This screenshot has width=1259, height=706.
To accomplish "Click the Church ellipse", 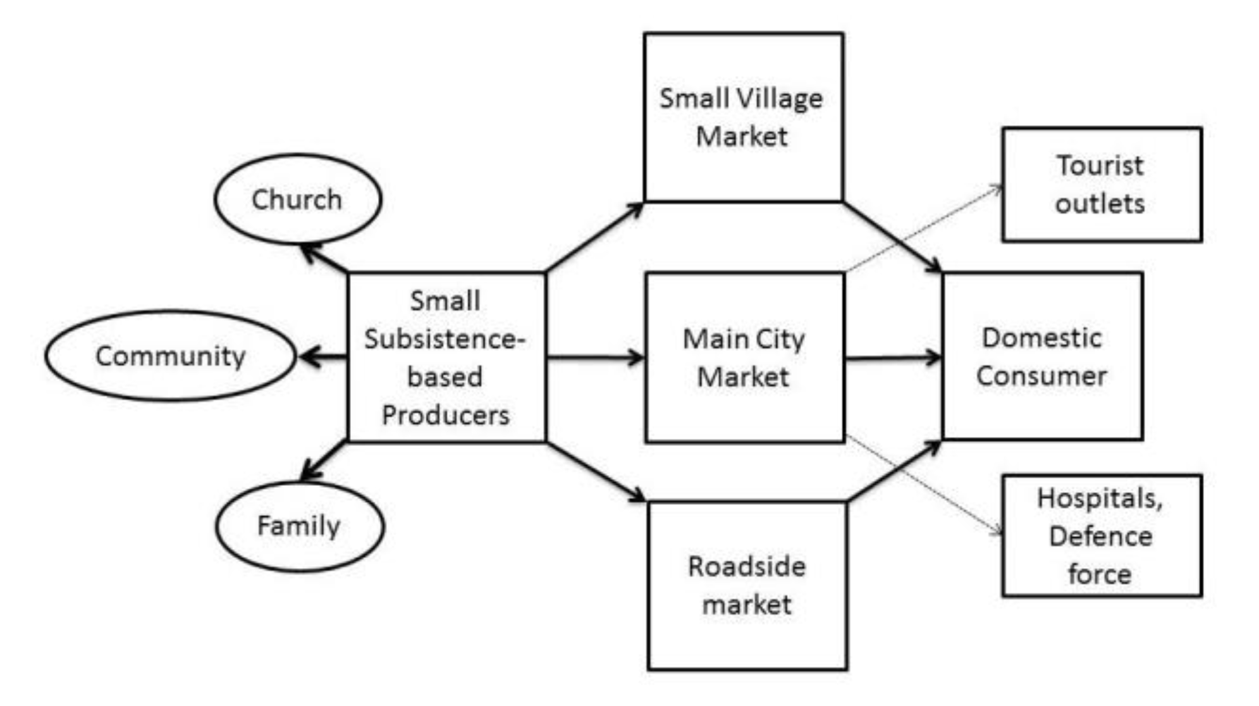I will pos(298,199).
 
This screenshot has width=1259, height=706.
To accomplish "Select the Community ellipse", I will pos(170,356).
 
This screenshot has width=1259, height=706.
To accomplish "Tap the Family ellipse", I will pos(299,526).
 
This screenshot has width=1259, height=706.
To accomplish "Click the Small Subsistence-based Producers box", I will pos(446,357).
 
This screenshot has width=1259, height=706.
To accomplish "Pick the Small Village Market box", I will pos(743,117).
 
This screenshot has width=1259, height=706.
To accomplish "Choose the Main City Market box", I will pos(744,357).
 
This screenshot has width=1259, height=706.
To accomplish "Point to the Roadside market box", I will pos(747,585).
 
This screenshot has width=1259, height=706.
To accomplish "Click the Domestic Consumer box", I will pos(1042,356).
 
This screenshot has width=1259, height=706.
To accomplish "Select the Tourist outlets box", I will pos(1101,184).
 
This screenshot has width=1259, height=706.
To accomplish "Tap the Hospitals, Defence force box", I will pos(1101,535).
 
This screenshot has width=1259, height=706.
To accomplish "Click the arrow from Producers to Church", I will pos(324,259).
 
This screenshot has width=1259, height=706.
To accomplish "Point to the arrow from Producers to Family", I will pos(324,460).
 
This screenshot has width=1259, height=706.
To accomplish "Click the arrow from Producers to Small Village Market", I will pos(594,237).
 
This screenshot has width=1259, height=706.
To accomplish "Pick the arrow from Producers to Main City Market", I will pos(594,358).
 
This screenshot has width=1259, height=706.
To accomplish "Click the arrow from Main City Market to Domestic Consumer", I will pos(893,358).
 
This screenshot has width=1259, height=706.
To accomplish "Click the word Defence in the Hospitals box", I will pos(1101,536).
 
